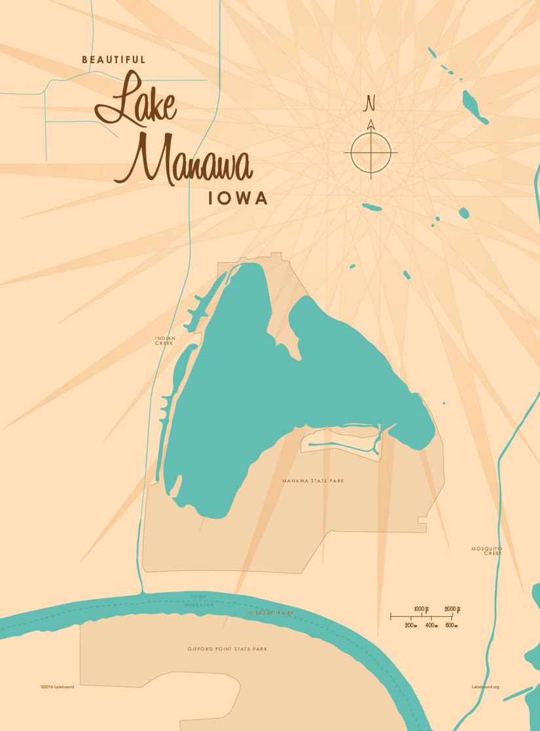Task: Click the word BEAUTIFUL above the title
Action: coord(113,60)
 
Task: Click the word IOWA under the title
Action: coord(238,198)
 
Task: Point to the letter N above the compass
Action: coord(370,103)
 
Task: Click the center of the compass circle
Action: coord(370,153)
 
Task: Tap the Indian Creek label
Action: coord(165,341)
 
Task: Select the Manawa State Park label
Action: coord(313,481)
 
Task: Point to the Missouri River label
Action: coord(271,612)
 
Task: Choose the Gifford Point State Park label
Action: coord(227,649)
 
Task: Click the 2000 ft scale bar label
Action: coord(452,609)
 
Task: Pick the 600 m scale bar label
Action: coord(451,626)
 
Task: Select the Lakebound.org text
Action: coord(485,687)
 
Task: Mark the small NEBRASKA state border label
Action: coord(200,605)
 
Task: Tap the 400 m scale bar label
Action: coord(431,626)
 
